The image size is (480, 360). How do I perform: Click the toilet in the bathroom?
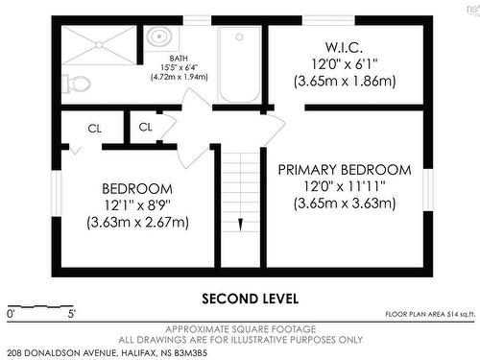tap(76, 84)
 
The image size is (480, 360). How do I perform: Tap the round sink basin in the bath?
tap(159, 36)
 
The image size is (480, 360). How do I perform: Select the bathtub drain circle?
tap(239, 37)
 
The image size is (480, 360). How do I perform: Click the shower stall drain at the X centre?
tap(99, 45)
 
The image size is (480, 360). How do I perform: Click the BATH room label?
tap(179, 59)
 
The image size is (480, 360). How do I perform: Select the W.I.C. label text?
tap(345, 48)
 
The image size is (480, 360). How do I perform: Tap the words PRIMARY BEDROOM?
tap(345, 170)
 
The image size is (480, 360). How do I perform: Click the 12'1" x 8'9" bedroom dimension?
tap(137, 205)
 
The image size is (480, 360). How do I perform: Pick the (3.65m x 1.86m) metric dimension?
tap(345, 82)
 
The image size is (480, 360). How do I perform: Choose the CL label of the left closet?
tap(94, 129)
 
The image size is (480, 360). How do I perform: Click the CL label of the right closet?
tap(145, 127)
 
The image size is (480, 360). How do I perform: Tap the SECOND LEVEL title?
tap(251, 299)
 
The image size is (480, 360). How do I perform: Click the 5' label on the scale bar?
tap(72, 314)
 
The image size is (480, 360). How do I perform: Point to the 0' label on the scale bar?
tap(12, 314)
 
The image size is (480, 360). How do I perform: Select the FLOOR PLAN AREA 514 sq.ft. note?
tap(430, 314)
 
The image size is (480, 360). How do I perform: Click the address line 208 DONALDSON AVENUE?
tap(107, 353)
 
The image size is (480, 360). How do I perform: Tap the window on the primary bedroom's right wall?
tap(428, 190)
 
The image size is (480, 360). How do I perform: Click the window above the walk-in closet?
tap(328, 20)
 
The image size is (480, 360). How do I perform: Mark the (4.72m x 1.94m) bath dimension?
tap(180, 77)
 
